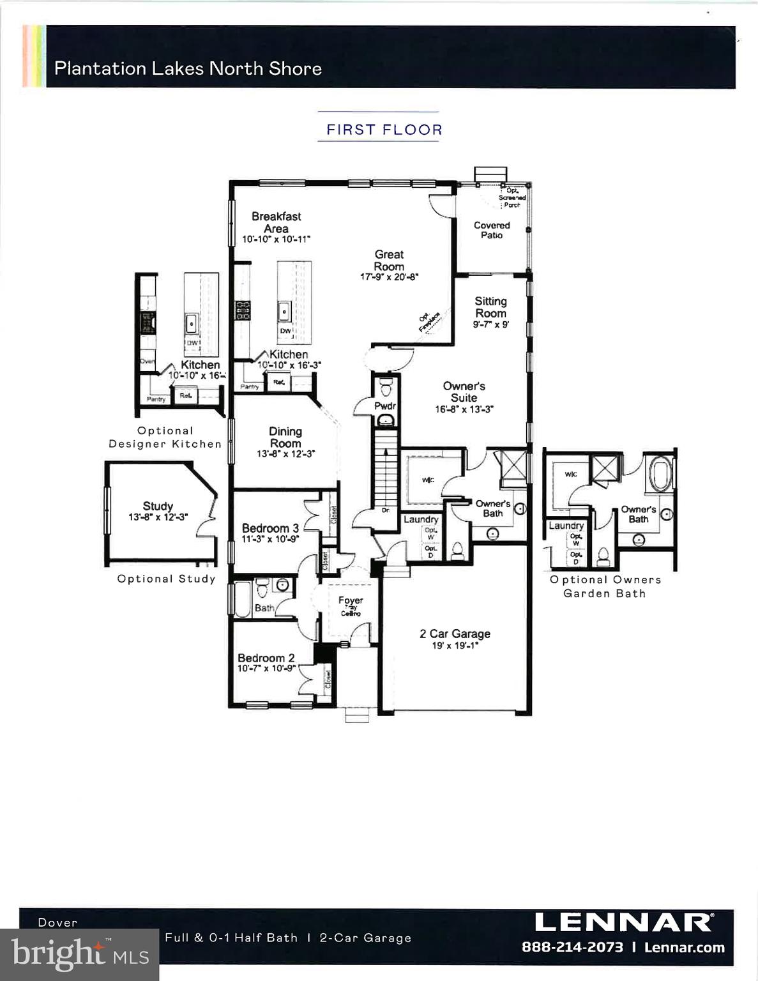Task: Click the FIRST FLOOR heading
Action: [384, 130]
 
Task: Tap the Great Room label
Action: [389, 260]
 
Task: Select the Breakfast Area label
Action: [276, 222]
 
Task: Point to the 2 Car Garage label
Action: [455, 634]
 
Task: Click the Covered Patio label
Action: [492, 230]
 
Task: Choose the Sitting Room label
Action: [490, 307]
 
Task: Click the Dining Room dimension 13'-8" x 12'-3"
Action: [285, 454]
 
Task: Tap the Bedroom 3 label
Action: [270, 528]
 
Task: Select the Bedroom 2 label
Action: [266, 658]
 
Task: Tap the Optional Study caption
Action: [166, 579]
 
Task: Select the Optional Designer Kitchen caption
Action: [165, 437]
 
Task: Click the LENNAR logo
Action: [623, 922]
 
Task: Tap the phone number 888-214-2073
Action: [572, 947]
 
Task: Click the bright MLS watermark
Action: [79, 954]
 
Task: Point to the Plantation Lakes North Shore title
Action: [188, 68]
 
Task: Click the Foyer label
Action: [350, 600]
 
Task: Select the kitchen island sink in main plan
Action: [284, 311]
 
